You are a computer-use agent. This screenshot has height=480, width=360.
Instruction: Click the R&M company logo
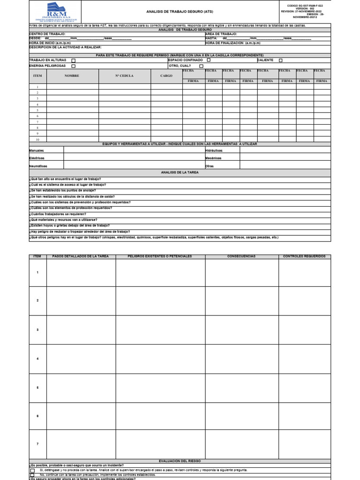point(54,11)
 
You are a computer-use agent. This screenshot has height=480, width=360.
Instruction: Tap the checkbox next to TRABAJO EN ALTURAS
point(73,60)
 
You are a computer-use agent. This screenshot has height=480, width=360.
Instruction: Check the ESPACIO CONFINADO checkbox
point(209,60)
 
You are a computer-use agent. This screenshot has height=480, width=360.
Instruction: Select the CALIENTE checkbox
point(281,60)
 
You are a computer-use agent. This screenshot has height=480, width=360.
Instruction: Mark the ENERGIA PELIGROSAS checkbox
point(73,66)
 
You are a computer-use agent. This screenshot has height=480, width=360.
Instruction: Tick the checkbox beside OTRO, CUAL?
point(201,66)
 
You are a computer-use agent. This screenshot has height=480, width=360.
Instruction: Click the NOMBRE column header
point(72,75)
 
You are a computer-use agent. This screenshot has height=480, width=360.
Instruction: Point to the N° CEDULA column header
point(124,75)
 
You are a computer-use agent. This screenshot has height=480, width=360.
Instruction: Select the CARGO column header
point(166,75)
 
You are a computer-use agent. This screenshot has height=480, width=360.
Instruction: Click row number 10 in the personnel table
point(37,140)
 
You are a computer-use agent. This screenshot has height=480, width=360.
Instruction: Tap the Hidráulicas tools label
point(214,150)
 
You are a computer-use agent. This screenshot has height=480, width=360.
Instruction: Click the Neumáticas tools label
point(38,166)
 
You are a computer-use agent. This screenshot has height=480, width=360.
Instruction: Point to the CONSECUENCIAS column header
point(241,257)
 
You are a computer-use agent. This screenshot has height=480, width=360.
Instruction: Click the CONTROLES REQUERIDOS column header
point(305,257)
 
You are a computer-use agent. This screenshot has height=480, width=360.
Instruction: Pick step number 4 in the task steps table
point(37,359)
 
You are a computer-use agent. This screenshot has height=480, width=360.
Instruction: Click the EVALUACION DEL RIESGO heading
point(180,461)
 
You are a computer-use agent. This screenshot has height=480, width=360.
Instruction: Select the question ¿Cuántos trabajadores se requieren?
point(58,213)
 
